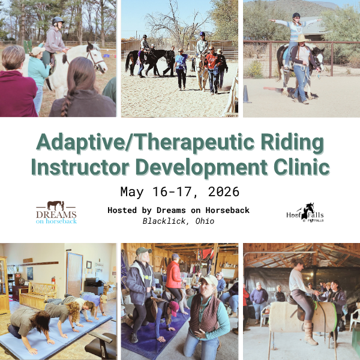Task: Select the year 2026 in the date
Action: point(224,192)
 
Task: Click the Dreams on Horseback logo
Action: point(56,212)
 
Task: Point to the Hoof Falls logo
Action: point(305,213)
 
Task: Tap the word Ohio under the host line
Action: point(205,221)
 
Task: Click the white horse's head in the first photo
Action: point(97,58)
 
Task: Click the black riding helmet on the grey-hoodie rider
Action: point(58,21)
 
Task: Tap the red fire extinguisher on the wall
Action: point(53,281)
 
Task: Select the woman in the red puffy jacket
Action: point(174,279)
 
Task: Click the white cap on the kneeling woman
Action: point(209,280)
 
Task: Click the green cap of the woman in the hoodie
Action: point(143,251)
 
